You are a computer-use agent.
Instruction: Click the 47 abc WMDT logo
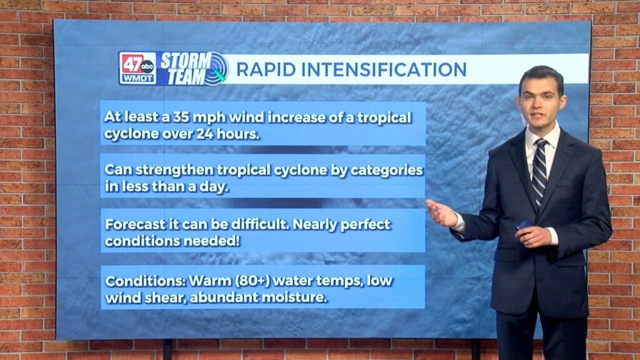pyautogui.click(x=137, y=68)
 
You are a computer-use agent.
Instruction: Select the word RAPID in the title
pyautogui.click(x=263, y=69)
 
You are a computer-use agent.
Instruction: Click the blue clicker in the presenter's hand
pyautogui.click(x=523, y=224)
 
